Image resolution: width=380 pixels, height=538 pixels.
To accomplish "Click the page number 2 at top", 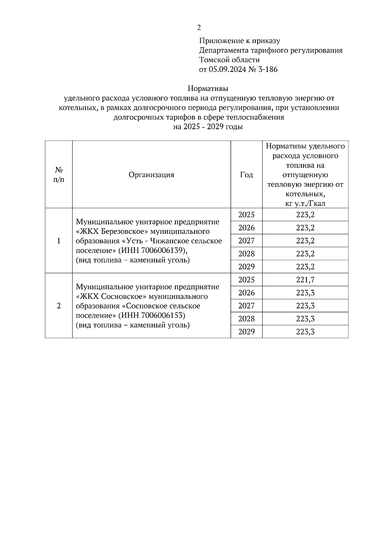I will (199, 28).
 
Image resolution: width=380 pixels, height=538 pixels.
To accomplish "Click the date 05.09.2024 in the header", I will (227, 69).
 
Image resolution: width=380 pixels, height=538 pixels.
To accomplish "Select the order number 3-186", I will (268, 69).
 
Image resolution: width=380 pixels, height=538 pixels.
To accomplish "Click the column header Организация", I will (151, 175).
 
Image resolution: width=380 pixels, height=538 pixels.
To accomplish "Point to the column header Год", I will (246, 175).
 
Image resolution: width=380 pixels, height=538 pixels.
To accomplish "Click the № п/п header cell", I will (59, 175).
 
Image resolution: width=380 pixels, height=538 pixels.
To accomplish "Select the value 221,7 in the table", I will (305, 280).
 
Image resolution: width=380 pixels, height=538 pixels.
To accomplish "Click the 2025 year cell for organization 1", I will (246, 215).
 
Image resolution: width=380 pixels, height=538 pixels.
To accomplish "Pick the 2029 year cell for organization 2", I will (246, 332).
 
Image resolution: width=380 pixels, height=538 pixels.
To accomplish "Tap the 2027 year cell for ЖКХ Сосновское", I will (246, 306).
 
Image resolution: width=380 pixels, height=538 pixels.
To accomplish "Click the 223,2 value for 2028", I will (305, 254).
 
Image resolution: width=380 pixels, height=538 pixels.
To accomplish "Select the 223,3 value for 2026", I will (305, 293).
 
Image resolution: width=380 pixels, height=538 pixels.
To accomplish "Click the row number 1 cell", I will (59, 241).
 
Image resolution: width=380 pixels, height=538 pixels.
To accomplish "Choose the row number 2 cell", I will (59, 306).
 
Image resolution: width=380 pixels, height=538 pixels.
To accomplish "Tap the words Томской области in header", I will (229, 60).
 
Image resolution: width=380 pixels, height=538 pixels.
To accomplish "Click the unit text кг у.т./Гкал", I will (305, 203).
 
